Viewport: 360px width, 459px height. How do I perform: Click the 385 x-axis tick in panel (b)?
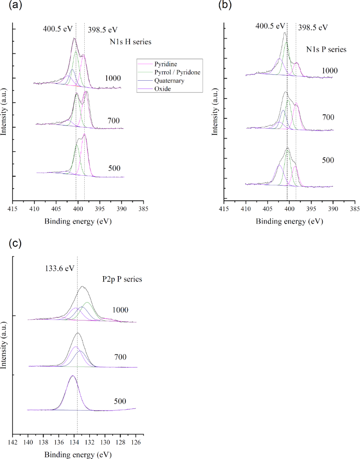pyautogui.click(x=355, y=209)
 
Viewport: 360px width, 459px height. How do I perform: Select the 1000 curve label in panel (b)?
pyautogui.click(x=330, y=70)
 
